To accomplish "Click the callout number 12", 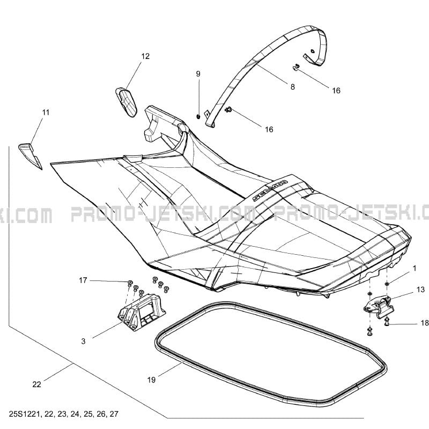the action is [145, 56].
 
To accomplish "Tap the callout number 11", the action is [46, 112].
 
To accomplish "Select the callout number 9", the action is [198, 74].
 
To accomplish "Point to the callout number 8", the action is [292, 87].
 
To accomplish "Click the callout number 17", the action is [83, 280].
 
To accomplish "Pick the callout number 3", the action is [83, 341].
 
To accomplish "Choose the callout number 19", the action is [151, 380].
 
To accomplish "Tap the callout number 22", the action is [36, 384].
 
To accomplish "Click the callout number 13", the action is [420, 290].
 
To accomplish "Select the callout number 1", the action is [415, 269].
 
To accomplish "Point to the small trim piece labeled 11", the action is [30, 155].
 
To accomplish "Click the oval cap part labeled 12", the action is [126, 102].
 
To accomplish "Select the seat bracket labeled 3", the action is [142, 312].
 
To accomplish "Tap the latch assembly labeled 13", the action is [379, 308].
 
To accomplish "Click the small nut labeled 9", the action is [198, 117].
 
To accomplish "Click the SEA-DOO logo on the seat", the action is [270, 191].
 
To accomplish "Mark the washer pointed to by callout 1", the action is [387, 284].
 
